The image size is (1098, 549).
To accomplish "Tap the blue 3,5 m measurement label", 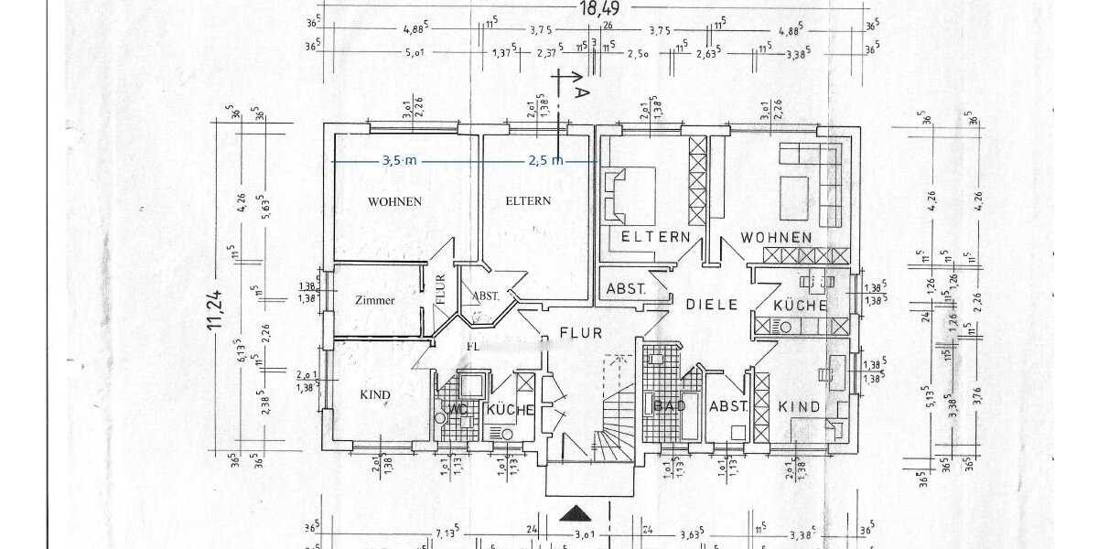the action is (x=399, y=160).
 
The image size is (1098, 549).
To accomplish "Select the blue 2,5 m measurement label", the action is (x=545, y=160).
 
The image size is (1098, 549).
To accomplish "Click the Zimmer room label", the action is (x=374, y=300).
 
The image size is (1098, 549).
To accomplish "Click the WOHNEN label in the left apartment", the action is (x=394, y=201).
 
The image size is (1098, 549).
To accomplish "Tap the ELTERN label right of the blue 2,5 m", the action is (x=529, y=201).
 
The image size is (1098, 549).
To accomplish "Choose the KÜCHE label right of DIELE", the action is (x=800, y=306).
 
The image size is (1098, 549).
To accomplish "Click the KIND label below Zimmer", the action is (x=375, y=395).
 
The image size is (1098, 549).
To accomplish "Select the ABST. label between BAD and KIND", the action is (x=729, y=406).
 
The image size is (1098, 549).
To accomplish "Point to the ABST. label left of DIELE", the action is (x=626, y=288).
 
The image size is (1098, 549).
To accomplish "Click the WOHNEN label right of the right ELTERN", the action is (x=776, y=237).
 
